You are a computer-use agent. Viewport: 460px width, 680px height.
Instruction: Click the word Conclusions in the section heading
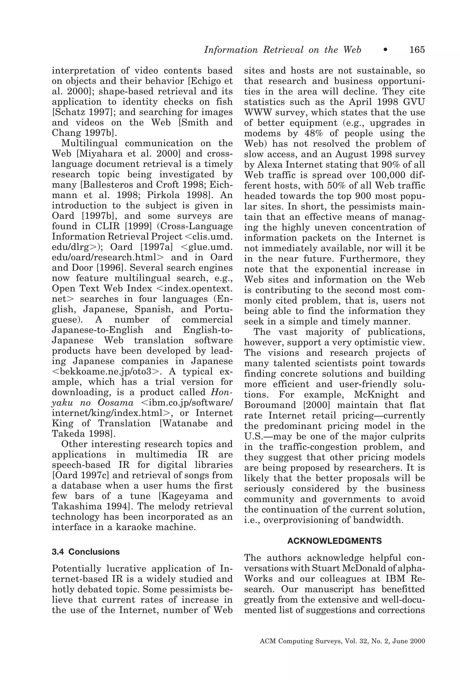tap(94, 552)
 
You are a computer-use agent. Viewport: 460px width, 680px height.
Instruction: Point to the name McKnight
tap(376, 395)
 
